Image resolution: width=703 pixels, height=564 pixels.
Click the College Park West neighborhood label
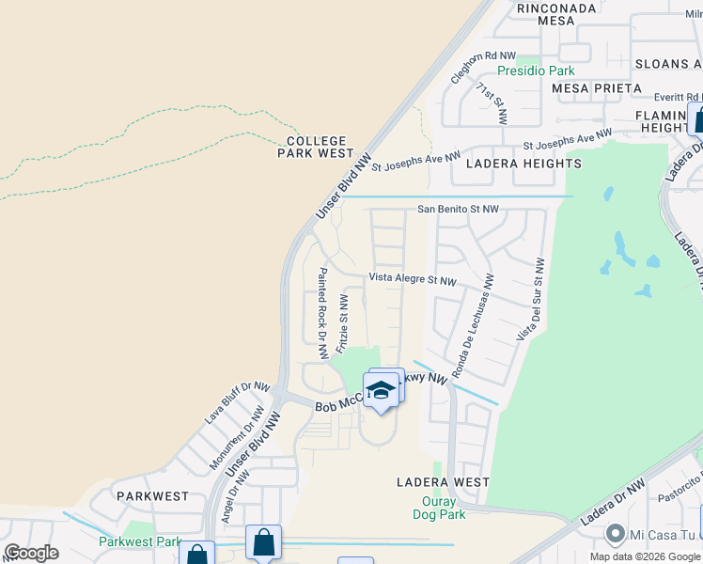pos(315,147)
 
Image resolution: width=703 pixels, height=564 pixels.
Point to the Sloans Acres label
pos(667,64)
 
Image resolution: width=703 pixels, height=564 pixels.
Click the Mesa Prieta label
pos(597,88)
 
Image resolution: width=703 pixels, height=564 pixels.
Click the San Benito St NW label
pos(459,210)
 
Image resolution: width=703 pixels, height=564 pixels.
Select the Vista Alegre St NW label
pos(412,279)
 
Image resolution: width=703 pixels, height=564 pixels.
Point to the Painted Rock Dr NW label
pos(322,312)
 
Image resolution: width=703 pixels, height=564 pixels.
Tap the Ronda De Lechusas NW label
pos(472,326)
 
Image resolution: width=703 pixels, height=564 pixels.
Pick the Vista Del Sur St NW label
pos(529,299)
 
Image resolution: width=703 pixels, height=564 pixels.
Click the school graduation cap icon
pos(381,390)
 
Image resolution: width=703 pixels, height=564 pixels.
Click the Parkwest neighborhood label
pos(151,495)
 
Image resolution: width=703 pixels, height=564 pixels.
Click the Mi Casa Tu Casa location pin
pos(615,534)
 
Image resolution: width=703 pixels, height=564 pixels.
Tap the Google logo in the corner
pos(31,553)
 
